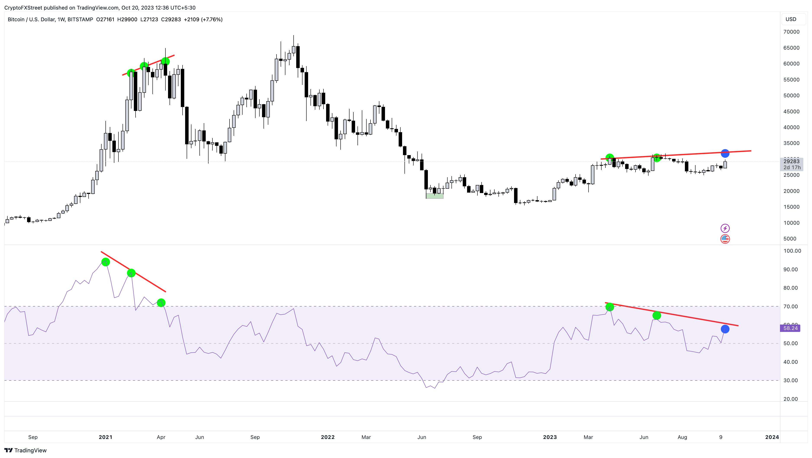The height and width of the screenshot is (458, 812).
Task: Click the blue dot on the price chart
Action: pos(725,153)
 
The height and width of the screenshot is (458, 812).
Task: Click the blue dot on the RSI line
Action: pos(725,329)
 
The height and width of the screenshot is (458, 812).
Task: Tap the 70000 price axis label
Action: pos(791,32)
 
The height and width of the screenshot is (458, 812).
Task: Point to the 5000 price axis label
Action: pos(790,239)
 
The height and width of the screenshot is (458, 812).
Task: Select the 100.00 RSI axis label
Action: pos(792,251)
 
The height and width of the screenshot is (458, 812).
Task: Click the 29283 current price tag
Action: pos(791,161)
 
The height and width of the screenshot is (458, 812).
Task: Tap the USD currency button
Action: pos(791,19)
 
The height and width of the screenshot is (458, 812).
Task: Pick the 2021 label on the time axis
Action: pos(105,437)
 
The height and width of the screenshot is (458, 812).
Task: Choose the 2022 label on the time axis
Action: pos(328,437)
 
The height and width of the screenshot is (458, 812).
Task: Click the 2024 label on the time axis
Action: pos(772,437)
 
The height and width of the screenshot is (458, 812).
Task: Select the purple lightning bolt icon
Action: pos(725,228)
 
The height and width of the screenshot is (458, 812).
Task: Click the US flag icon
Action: pos(725,239)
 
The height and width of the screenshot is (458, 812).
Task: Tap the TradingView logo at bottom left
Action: pos(26,450)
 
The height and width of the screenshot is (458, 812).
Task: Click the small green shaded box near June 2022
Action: pos(434,196)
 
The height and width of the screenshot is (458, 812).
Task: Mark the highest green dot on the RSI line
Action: pos(106,262)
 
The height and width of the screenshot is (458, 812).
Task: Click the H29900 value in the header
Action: pos(127,19)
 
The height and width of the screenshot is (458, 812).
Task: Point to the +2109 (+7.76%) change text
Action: pos(203,19)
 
